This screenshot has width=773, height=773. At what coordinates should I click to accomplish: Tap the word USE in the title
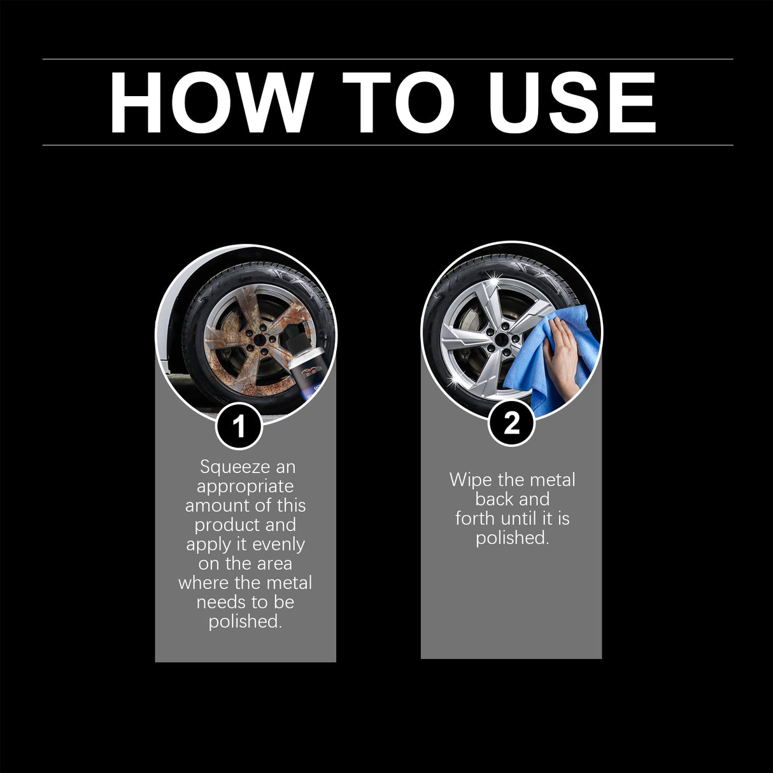pos(572,103)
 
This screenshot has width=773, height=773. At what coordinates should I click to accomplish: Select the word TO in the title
pos(399,103)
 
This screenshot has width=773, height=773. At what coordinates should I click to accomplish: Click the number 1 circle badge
pos(239,426)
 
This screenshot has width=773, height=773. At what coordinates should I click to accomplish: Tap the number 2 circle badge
pos(511,423)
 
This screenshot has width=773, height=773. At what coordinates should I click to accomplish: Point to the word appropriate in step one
pos(245,486)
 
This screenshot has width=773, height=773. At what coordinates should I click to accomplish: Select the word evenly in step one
pos(278,544)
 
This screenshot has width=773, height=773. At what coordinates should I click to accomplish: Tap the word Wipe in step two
pos(468,479)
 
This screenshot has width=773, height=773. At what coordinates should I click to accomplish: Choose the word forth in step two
pos(475,518)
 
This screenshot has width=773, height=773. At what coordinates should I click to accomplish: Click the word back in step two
pos(493,499)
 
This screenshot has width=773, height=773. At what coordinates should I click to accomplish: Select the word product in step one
pos(226,525)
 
